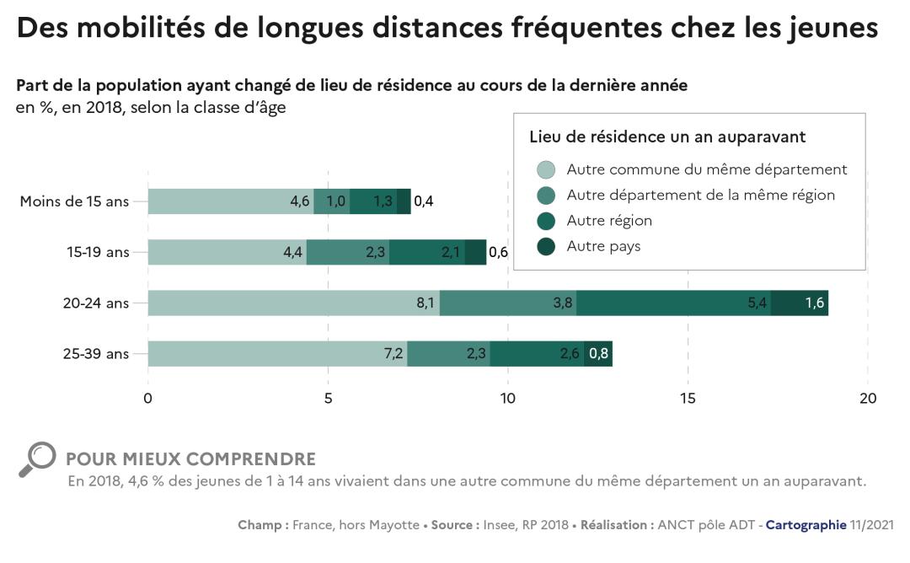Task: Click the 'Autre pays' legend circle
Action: coord(546,247)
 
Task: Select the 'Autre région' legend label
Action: coord(609,221)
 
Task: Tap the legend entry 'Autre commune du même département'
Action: coord(706,169)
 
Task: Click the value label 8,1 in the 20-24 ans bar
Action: coord(426,303)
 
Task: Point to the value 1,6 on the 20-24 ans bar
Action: coord(814,303)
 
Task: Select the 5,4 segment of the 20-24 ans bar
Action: coord(757,303)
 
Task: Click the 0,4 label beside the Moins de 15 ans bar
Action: coord(424,201)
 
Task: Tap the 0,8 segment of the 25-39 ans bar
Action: coord(598,354)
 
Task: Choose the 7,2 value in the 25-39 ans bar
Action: coord(393,354)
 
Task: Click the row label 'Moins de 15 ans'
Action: coord(74,201)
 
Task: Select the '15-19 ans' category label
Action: coord(98,252)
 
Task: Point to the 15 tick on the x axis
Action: coord(688,399)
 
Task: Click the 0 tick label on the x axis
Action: coord(148,399)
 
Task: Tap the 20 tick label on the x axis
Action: coord(868,399)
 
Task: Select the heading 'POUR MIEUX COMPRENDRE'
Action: coord(190,459)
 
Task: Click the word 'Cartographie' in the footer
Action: coord(806,525)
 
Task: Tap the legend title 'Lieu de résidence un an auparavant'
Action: coord(667,137)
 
